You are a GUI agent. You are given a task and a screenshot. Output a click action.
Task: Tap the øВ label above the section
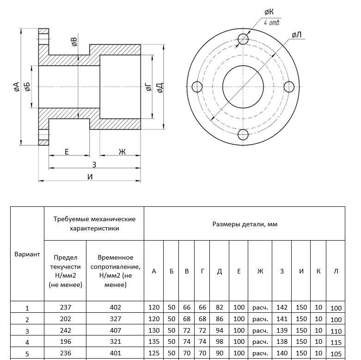pos(73,43)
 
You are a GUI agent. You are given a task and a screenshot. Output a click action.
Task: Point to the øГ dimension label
pos(148,87)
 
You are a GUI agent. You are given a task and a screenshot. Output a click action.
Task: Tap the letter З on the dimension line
pos(94,164)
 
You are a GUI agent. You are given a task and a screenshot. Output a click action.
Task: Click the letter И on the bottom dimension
pos(90,176)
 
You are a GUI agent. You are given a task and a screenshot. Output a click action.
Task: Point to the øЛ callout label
pos(297,35)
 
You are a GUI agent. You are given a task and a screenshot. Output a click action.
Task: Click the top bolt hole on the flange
pos(243,38)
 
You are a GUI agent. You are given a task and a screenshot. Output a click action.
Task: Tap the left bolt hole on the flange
pos(196,87)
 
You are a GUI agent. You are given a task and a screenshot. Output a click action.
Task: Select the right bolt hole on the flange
pos(289,87)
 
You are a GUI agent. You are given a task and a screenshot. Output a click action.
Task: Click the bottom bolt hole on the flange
pos(243,134)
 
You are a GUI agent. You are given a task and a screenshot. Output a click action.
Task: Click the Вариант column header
pos(27,254)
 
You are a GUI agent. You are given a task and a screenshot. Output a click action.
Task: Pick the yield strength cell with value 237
pos(66,307)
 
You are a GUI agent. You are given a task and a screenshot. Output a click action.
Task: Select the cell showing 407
pos(116,331)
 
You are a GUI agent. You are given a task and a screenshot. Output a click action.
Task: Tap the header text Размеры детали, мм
pos(245,224)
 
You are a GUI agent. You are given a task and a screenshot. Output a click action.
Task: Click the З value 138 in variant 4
pos(281,342)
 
